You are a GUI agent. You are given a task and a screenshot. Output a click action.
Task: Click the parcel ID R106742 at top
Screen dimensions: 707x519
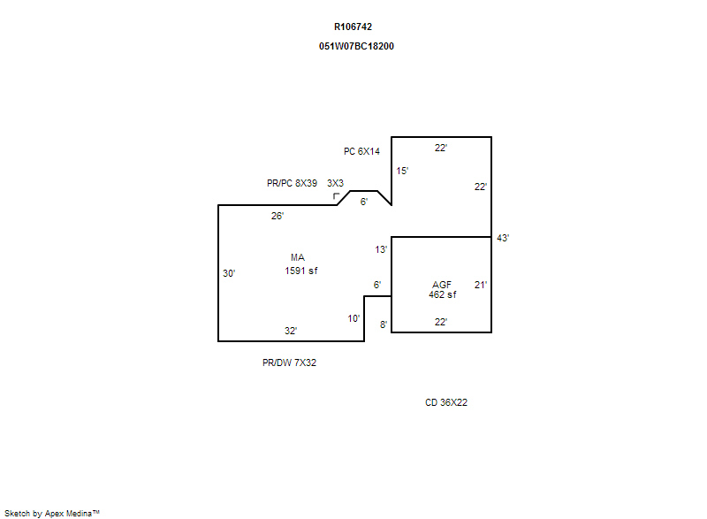353,27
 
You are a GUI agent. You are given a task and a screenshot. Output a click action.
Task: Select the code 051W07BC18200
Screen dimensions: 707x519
356,46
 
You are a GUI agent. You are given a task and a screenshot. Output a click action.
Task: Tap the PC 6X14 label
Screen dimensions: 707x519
361,151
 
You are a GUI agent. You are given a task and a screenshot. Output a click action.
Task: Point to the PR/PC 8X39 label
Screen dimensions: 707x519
292,183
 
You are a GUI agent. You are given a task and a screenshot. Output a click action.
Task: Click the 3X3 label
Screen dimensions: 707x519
335,183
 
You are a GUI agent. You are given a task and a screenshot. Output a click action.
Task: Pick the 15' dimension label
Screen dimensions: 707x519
402,171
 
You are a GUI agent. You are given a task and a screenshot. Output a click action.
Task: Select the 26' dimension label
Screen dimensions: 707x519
277,216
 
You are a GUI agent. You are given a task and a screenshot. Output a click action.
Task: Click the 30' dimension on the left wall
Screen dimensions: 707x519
229,273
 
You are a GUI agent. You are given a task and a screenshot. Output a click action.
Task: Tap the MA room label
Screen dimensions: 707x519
298,257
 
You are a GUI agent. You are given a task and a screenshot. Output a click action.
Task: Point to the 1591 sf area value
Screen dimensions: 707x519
300,271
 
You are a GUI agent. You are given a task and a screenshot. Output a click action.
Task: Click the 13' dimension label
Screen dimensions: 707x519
381,249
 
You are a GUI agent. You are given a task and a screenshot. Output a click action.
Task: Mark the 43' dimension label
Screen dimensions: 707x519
503,238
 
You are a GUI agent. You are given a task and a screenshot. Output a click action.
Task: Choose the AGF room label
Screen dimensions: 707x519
441,285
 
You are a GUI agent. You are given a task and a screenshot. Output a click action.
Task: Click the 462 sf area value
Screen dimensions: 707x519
443,294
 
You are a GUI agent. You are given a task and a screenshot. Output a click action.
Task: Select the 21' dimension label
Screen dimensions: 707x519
481,285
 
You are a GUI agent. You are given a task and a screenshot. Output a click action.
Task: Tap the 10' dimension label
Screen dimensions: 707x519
353,319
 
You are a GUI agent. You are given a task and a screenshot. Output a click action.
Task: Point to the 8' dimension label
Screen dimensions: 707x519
384,324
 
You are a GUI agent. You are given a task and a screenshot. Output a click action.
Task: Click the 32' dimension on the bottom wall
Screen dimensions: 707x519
291,331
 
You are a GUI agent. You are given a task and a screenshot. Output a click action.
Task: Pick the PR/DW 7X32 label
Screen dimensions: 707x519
289,363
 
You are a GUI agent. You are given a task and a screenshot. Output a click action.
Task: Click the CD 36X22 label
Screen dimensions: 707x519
446,402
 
